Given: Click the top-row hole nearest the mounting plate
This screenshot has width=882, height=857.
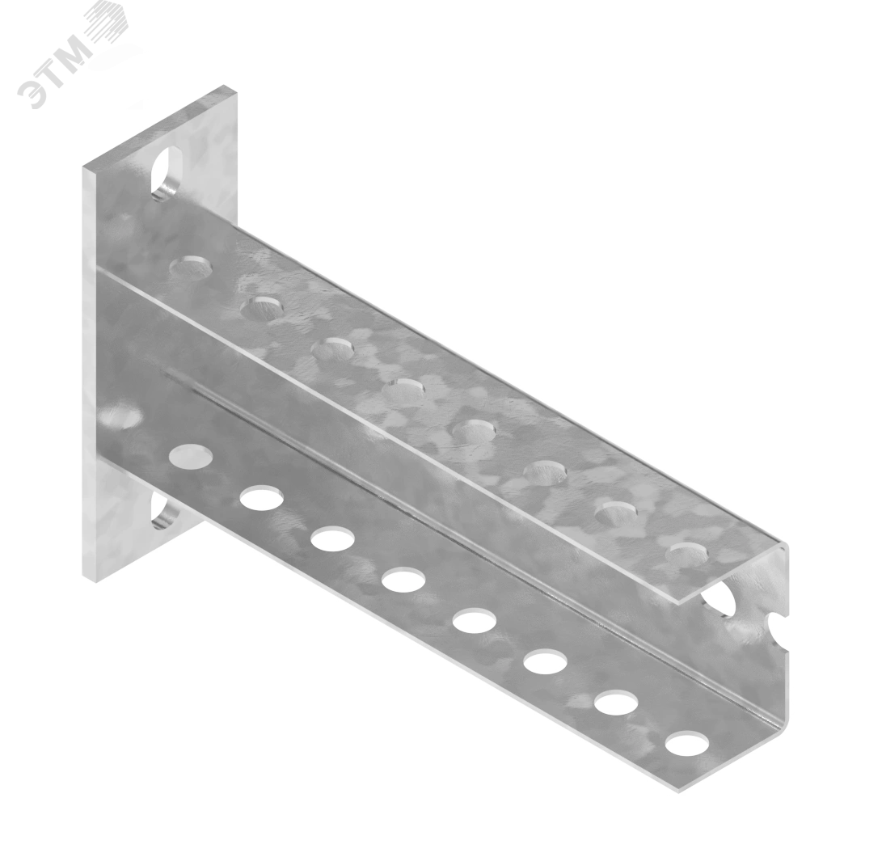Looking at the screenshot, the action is click(x=192, y=268).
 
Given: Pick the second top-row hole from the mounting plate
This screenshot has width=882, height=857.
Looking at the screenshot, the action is click(x=262, y=308).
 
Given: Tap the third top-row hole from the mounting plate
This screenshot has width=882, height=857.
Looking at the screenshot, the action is click(x=332, y=349).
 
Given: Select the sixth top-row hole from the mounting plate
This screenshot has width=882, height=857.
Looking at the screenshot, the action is click(x=545, y=472).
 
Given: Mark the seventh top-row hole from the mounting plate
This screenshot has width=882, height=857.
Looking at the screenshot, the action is click(x=617, y=513).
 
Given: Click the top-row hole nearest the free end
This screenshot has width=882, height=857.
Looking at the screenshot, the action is click(x=687, y=555).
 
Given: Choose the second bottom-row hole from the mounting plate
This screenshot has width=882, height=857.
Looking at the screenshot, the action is click(x=261, y=498).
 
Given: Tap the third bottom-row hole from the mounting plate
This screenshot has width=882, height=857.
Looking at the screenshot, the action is click(x=332, y=538).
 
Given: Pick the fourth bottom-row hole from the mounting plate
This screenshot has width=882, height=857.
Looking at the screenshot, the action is click(x=403, y=580).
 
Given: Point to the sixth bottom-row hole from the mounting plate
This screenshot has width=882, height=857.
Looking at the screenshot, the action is click(x=546, y=662).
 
